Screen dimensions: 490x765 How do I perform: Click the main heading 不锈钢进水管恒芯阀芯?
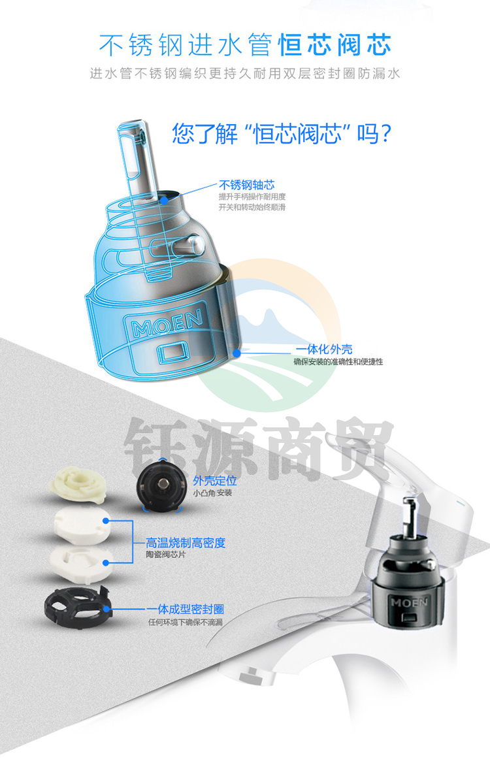[245, 45]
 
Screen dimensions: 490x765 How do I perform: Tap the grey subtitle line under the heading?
[245, 74]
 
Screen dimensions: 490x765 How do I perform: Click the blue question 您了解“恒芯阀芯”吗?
[282, 133]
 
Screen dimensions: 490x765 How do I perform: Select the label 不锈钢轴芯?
[246, 184]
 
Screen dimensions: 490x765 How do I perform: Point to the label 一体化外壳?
[324, 349]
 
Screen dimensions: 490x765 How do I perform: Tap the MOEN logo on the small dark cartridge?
[409, 602]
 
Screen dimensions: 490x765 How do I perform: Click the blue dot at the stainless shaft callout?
[165, 199]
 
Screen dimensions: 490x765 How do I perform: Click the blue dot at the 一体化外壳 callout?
[237, 352]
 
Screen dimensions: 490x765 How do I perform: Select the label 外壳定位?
[215, 481]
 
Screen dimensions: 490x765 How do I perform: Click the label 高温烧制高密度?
[186, 542]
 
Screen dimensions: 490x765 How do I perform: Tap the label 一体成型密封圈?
[186, 609]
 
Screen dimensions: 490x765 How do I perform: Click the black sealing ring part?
[78, 607]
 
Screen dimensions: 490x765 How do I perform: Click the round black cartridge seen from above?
[161, 485]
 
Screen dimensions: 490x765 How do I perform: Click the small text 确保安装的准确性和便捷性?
[338, 361]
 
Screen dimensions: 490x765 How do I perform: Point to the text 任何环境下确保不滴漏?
[186, 622]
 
